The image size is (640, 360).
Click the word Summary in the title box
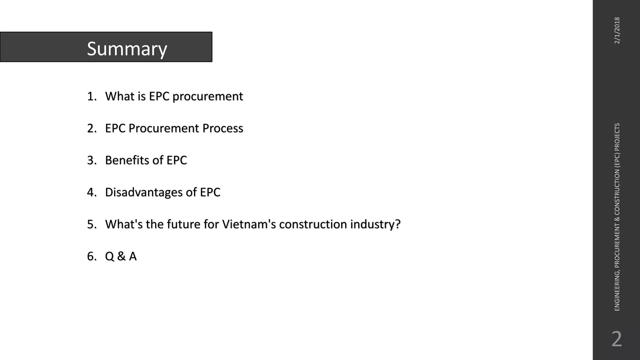127,49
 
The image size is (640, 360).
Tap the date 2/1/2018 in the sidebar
617,30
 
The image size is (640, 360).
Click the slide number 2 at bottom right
617,339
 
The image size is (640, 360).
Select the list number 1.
91,96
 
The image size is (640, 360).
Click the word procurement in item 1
207,96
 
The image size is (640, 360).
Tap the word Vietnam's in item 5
249,224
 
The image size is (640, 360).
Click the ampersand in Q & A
121,256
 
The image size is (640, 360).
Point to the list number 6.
91,256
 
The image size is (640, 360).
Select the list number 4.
91,192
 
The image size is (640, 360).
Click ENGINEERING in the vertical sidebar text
617,291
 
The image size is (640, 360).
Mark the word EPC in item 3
177,160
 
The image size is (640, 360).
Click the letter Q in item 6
109,256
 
